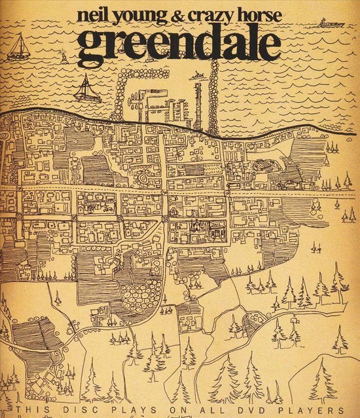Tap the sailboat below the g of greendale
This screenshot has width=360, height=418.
[86, 88]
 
